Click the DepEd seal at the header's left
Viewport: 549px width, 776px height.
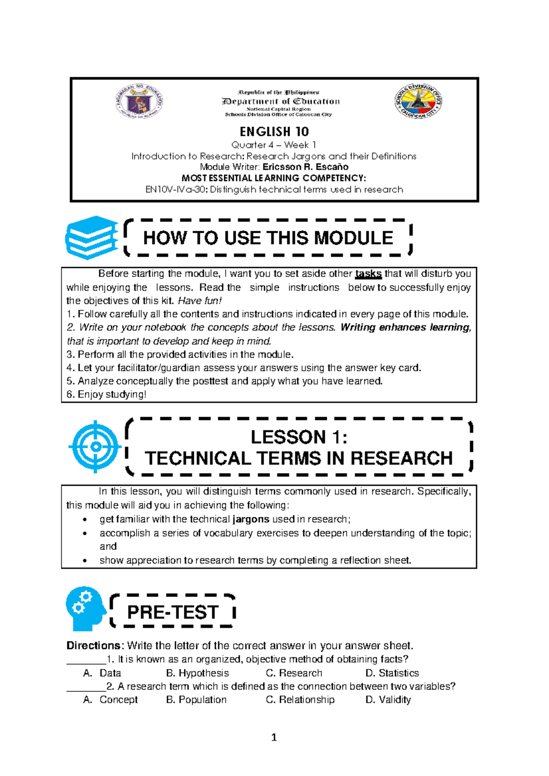coord(139,101)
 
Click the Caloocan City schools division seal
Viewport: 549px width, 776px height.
coord(418,101)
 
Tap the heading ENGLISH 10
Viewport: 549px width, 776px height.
coord(274,132)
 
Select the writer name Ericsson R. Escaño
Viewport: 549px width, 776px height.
coord(306,167)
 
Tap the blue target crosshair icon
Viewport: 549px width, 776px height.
coord(95,446)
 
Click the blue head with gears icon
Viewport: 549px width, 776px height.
coord(86,609)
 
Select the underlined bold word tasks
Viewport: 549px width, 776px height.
coord(368,274)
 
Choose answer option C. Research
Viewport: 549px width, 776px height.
coord(294,673)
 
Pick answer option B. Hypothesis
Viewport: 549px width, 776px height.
coord(198,673)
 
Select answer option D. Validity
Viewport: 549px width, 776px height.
coord(388,700)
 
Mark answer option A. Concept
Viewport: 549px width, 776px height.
coord(110,700)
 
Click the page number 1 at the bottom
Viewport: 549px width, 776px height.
coord(274,738)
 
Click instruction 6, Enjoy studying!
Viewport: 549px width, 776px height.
coord(107,394)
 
